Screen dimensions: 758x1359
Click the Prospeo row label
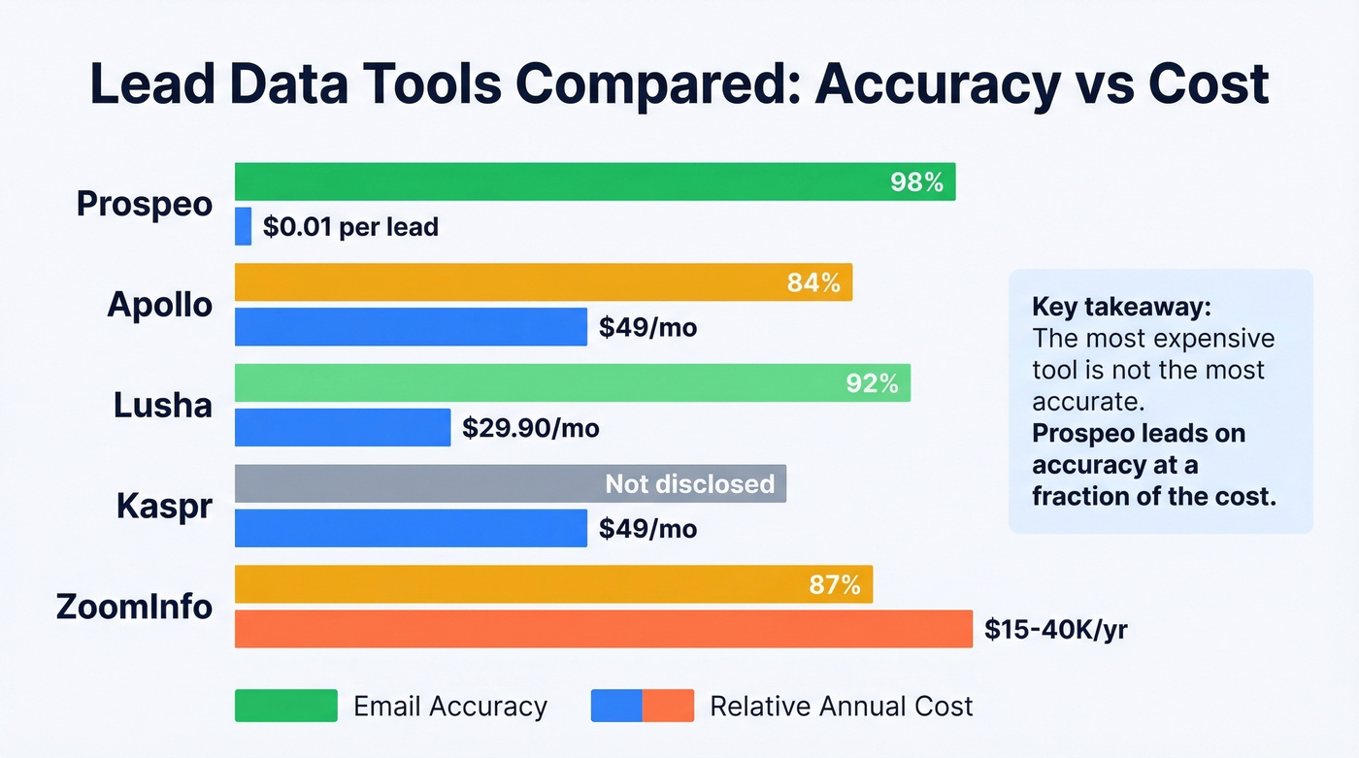coord(145,204)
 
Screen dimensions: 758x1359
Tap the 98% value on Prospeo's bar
coord(916,181)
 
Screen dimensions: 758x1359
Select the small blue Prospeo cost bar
coord(243,227)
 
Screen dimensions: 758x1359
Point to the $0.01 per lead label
coord(350,228)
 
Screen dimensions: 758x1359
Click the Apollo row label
coord(160,305)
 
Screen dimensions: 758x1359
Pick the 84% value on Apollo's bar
coord(813,282)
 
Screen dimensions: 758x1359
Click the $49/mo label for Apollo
coord(647,328)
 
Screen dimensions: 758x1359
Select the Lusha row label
coord(163,405)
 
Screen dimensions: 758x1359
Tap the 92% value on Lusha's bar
coord(872,383)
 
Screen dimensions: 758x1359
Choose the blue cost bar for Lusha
coord(343,428)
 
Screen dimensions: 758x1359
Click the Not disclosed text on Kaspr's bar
coord(690,483)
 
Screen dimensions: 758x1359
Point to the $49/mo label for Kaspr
coord(647,529)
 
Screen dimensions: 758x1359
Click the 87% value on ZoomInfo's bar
coord(835,585)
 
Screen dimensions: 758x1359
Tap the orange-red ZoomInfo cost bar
coord(603,629)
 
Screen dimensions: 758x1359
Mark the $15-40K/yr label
coord(1055,630)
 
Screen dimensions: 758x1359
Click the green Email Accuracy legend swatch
coord(285,706)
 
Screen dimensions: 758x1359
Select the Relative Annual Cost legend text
coord(841,706)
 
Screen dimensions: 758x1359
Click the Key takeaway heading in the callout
coord(1121,308)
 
